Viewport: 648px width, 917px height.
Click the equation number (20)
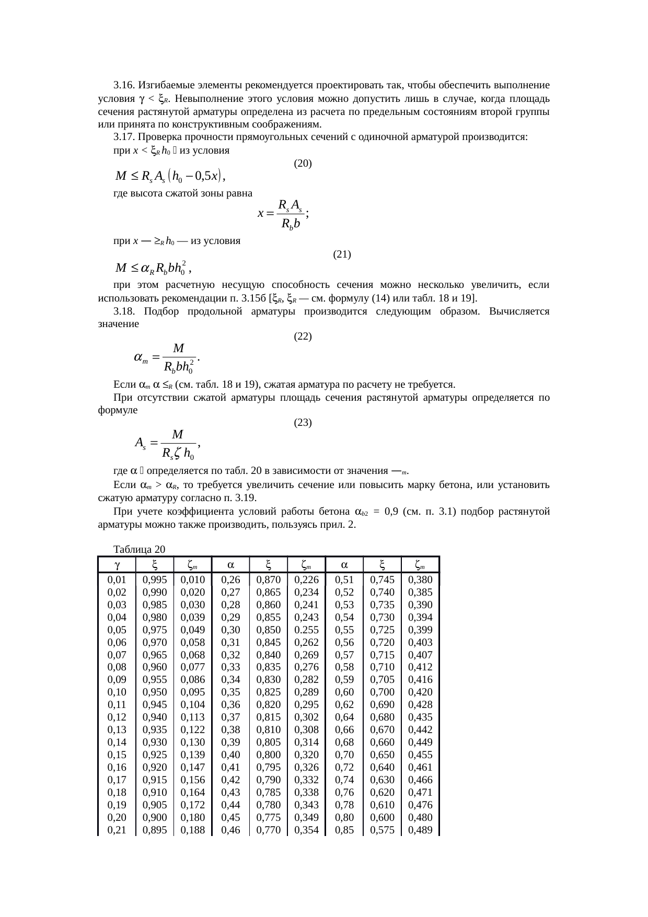click(x=303, y=164)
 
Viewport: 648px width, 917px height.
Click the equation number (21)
click(x=342, y=254)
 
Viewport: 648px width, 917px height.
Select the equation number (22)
click(x=303, y=336)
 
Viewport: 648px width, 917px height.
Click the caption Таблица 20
click(x=139, y=549)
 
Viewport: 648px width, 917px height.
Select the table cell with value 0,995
click(x=155, y=579)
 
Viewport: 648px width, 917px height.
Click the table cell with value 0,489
click(x=420, y=830)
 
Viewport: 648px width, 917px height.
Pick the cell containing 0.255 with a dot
click(x=306, y=630)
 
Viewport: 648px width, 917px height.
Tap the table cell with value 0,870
click(x=269, y=579)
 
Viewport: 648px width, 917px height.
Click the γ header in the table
click(x=117, y=565)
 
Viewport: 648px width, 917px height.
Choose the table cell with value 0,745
click(x=383, y=579)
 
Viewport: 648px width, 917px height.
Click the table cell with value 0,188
click(x=193, y=830)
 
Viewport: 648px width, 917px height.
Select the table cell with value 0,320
click(x=306, y=755)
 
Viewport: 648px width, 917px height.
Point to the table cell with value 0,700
click(x=383, y=692)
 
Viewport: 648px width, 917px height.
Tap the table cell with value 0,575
click(x=383, y=830)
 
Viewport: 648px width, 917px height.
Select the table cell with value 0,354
click(x=306, y=830)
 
